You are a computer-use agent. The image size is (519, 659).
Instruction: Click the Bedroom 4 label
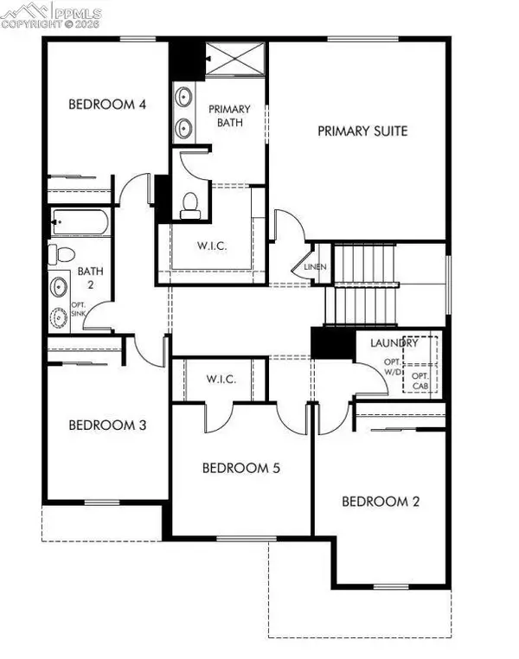pos(107,105)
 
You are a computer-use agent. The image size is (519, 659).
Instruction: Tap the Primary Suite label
pos(362,131)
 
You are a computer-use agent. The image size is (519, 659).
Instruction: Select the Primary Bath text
pos(228,115)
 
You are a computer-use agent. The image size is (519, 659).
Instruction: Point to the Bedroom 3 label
pos(107,425)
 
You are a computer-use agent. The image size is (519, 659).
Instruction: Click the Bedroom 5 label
pos(240,468)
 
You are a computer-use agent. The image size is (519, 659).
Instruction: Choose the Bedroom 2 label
pos(381,501)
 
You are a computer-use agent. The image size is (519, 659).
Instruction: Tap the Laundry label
pos(394,343)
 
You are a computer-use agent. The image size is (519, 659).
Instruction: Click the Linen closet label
pos(316,267)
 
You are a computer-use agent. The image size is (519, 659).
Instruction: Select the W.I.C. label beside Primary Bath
pos(211,246)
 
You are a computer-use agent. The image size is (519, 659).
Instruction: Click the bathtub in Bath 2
pos(80,223)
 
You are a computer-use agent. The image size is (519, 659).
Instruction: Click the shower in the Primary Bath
pos(234,60)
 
